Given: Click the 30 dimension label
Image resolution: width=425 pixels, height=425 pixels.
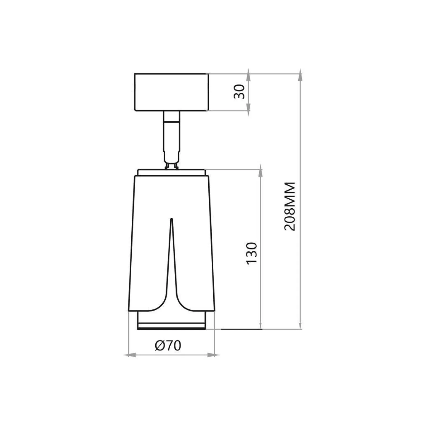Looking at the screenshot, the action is (x=239, y=92).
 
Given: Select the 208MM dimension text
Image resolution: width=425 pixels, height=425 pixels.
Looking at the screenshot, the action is (x=290, y=206).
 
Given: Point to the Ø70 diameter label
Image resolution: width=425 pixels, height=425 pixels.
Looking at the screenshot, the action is (x=168, y=345).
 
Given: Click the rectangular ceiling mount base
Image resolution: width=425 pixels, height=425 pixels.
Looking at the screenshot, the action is (x=171, y=92).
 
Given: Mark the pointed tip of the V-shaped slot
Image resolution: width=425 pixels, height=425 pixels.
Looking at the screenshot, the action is (x=171, y=219).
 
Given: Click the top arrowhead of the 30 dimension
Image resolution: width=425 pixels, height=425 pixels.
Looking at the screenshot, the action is (x=248, y=75).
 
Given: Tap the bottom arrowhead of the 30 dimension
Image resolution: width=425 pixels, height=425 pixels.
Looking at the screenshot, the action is (x=248, y=110).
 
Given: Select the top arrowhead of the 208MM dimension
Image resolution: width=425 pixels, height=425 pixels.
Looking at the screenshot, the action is (x=300, y=75).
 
